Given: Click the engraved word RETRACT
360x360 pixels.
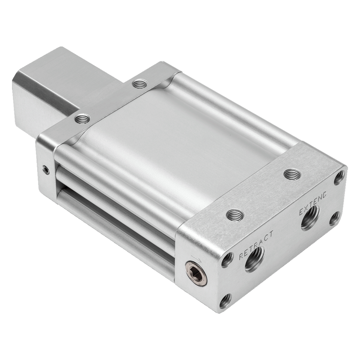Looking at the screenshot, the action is pos(256,245).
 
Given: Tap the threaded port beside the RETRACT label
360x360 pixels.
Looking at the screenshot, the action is pos(254,260).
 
